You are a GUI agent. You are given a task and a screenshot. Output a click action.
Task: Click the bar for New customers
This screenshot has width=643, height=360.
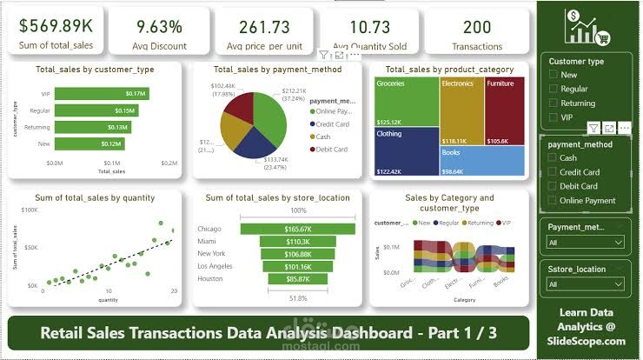[88, 143]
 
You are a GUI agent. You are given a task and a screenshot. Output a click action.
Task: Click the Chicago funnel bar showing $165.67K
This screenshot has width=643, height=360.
[297, 229]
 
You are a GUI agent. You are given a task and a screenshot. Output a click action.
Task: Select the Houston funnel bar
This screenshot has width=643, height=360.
[297, 279]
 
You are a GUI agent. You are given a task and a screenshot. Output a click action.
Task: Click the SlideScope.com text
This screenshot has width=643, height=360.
[585, 340]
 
